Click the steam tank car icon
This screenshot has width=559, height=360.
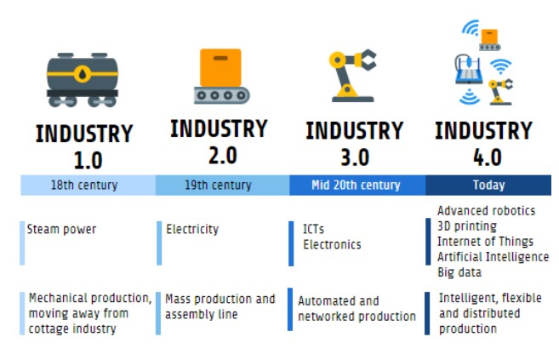click(83, 78)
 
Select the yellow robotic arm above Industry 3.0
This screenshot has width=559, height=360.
click(351, 73)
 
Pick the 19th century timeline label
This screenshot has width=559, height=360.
click(220, 185)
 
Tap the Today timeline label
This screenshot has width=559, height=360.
click(488, 185)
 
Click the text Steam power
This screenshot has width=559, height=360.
click(61, 229)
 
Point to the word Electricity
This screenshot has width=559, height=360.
click(192, 229)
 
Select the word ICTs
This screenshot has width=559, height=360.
click(313, 230)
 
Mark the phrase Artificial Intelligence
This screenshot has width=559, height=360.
click(493, 256)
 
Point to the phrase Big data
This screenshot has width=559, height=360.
click(459, 272)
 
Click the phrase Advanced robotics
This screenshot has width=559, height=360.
click(486, 210)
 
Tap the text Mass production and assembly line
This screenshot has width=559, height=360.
click(220, 306)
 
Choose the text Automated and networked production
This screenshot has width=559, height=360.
click(356, 308)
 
